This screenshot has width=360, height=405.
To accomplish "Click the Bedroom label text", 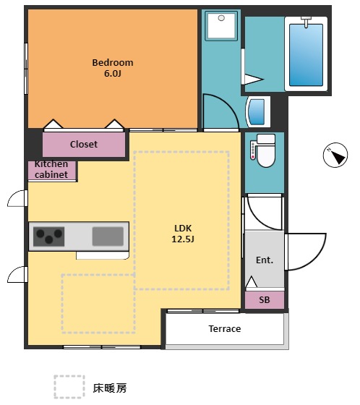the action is [x=113, y=62].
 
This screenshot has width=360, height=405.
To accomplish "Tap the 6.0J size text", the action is [x=113, y=74].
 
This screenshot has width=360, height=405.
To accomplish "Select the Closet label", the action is [x=84, y=144].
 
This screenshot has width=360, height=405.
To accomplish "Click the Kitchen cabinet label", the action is [x=51, y=169].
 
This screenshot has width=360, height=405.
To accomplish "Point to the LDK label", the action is [x=183, y=228].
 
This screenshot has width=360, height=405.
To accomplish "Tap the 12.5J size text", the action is [x=183, y=239].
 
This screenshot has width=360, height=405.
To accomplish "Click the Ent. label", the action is [x=265, y=260].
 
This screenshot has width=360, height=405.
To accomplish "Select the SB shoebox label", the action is [x=265, y=300].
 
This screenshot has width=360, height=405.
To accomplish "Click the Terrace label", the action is [x=225, y=329].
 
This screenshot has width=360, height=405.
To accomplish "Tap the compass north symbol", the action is [x=335, y=155].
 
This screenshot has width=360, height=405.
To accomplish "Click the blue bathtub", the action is [x=306, y=55].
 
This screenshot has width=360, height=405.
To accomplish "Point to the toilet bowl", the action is [x=266, y=155].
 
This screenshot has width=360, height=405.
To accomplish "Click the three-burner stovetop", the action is [x=49, y=236].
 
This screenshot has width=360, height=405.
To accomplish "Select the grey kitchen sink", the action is [x=108, y=236].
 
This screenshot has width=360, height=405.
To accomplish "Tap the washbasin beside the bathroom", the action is [x=258, y=112].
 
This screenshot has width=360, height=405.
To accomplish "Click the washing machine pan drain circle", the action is [x=221, y=18].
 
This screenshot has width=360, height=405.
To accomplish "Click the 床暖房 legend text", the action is [x=110, y=388].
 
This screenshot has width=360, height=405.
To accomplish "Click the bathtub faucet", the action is [x=306, y=22].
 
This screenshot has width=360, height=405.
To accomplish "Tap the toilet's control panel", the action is [x=253, y=150].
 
